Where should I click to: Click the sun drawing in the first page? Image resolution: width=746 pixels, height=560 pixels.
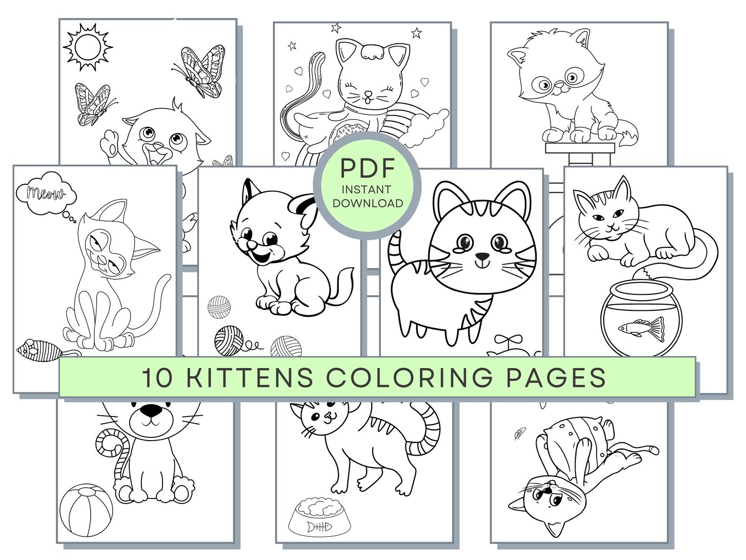[87, 47]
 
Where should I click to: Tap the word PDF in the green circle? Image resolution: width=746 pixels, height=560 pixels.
[367, 169]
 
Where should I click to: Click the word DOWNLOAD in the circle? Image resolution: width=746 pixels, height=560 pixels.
[367, 203]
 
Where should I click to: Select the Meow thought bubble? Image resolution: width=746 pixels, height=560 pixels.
[46, 193]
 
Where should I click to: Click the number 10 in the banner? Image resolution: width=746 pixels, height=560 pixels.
[157, 378]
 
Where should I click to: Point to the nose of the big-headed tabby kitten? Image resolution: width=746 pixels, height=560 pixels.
[482, 257]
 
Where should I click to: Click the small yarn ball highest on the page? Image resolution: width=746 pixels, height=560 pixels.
[219, 307]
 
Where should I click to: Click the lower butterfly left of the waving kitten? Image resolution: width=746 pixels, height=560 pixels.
[94, 104]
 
